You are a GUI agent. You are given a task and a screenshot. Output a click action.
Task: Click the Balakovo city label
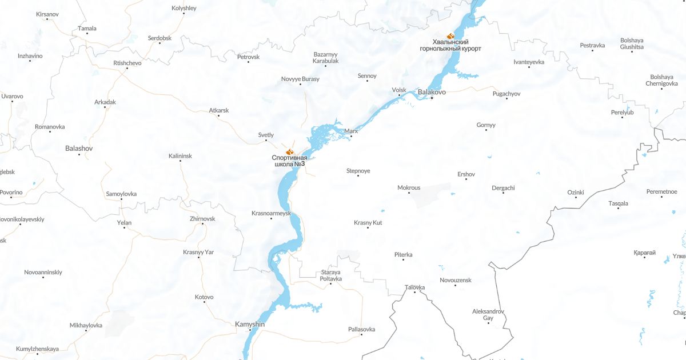pyautogui.click(x=432, y=91)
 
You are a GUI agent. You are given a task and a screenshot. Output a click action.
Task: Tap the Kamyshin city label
pyautogui.click(x=250, y=325)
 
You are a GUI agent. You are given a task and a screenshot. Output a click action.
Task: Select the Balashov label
pyautogui.click(x=79, y=148)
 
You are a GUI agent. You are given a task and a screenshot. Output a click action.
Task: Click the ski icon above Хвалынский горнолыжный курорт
pyautogui.click(x=450, y=35)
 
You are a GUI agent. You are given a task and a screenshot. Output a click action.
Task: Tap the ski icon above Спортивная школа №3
pyautogui.click(x=289, y=151)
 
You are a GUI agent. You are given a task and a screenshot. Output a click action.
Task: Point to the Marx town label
pyautogui.click(x=351, y=131)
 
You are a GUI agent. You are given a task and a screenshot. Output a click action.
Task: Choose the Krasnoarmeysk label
pyautogui.click(x=271, y=213)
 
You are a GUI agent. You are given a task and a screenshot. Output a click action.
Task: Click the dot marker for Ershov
pyautogui.click(x=466, y=179)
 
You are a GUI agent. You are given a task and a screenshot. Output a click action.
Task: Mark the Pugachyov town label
pyautogui.click(x=506, y=94)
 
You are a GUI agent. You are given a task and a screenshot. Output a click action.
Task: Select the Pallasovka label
pyautogui.click(x=361, y=329)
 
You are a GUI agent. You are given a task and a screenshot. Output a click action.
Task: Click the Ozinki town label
pyautogui.click(x=576, y=192)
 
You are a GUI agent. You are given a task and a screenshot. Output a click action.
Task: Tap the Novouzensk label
pyautogui.click(x=455, y=280)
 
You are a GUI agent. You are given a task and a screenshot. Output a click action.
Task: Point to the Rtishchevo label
pyautogui.click(x=127, y=63)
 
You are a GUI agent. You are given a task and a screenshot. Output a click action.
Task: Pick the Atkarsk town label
pyautogui.click(x=218, y=110)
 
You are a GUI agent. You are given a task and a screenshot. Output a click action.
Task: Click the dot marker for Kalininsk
pyautogui.click(x=181, y=161)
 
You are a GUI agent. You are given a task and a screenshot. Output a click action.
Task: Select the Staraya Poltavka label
pyautogui.click(x=330, y=275)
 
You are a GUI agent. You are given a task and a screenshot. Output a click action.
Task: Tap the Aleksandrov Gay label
pyautogui.click(x=488, y=314)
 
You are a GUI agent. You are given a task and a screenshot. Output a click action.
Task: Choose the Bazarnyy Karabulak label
pyautogui.click(x=326, y=58)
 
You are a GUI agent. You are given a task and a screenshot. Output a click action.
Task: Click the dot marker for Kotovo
pyautogui.click(x=204, y=303)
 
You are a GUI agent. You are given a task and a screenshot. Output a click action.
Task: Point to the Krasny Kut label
pyautogui.click(x=368, y=222)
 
